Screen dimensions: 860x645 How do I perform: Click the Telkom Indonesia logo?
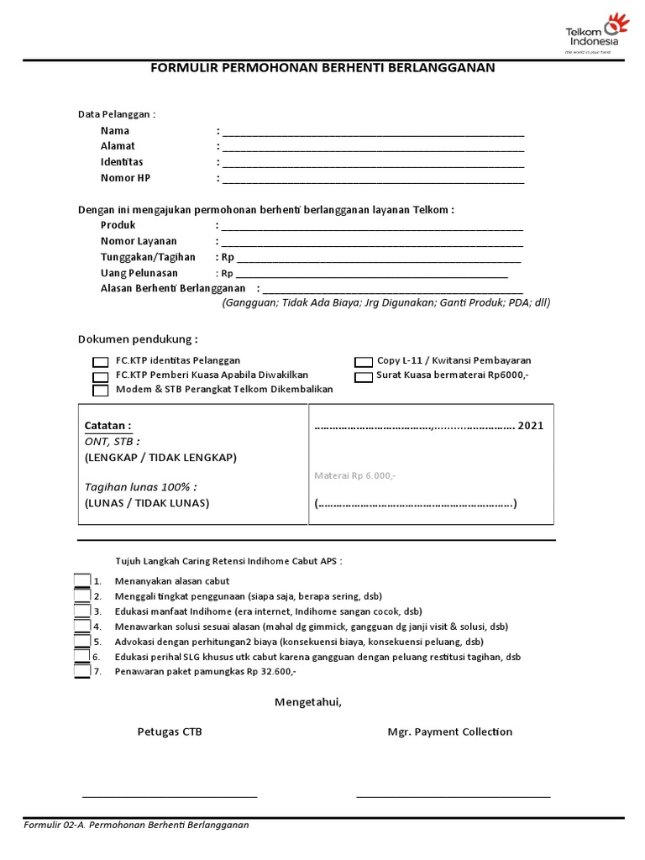click(x=595, y=34)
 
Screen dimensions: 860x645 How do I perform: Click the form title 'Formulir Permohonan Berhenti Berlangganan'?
click(x=322, y=67)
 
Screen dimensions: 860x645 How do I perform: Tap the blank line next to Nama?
click(x=373, y=133)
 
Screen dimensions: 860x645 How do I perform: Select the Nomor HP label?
click(x=125, y=178)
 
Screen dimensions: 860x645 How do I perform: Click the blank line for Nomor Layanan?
click(x=372, y=244)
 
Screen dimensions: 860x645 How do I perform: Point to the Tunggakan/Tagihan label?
click(x=148, y=257)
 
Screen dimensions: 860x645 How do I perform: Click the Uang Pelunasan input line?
click(x=372, y=275)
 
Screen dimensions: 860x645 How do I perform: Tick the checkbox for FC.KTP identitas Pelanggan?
click(x=100, y=362)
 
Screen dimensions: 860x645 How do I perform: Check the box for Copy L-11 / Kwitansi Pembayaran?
click(x=363, y=362)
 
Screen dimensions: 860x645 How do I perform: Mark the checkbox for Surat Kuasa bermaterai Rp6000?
click(x=363, y=377)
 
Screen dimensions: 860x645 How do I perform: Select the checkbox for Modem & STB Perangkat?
click(x=100, y=391)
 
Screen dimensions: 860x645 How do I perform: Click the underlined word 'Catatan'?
click(x=107, y=426)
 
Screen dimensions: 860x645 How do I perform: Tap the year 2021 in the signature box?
click(x=531, y=426)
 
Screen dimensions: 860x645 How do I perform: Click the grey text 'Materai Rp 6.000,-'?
click(x=354, y=475)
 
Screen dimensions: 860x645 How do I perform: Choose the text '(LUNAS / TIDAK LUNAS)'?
click(x=147, y=503)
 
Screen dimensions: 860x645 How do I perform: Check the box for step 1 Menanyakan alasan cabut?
click(x=81, y=580)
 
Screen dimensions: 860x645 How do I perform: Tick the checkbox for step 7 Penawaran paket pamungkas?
click(x=81, y=671)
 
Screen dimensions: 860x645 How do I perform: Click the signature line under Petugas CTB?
click(x=170, y=794)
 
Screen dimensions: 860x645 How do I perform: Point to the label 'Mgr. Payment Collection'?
click(x=449, y=732)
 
